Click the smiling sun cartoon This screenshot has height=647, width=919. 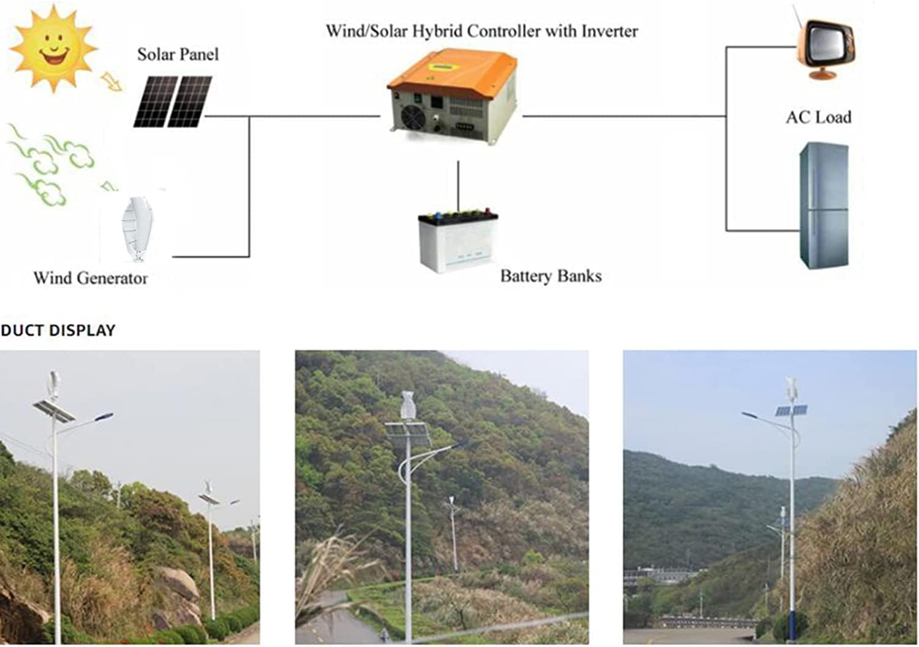click(53, 48)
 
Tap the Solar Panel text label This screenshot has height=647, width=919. click(178, 55)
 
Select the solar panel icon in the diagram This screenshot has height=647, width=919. click(173, 102)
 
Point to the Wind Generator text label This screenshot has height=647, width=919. click(90, 278)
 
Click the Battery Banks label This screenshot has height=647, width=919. click(550, 276)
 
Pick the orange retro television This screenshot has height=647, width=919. click(824, 47)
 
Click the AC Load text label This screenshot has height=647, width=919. click(819, 117)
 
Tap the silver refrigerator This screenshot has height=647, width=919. click(824, 205)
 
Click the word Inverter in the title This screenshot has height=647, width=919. click(609, 31)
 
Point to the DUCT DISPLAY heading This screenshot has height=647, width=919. click(58, 331)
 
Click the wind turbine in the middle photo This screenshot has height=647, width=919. click(407, 405)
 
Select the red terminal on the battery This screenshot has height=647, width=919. click(489, 213)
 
